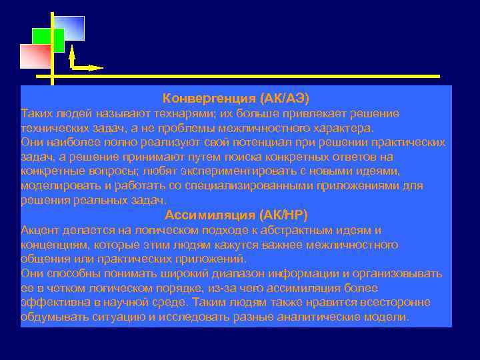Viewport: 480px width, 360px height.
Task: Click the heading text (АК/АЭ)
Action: (284, 98)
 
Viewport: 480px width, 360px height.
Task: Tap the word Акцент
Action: (40, 230)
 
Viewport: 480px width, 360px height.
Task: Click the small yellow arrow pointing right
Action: (88, 67)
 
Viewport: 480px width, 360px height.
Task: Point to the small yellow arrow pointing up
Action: (71, 55)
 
